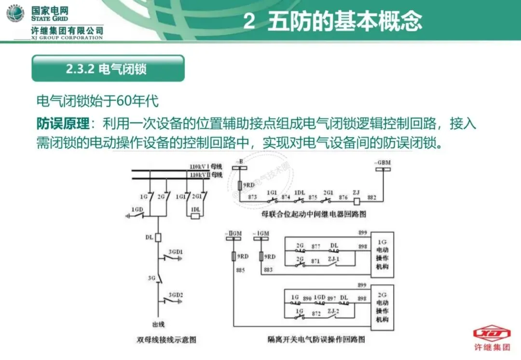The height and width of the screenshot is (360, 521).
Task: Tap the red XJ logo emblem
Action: pos(491,333)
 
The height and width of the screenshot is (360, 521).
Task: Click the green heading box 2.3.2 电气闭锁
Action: pos(108,69)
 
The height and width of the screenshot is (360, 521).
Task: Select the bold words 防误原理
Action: pos(63,124)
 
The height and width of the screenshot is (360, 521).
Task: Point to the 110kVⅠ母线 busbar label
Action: pos(206,166)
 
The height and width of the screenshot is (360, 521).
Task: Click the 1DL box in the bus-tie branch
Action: pos(195,216)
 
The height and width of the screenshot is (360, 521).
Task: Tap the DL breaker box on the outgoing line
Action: pos(157,237)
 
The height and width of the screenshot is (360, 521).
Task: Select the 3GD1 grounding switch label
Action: pos(176,252)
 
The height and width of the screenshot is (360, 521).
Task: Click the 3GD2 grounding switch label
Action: pos(176,294)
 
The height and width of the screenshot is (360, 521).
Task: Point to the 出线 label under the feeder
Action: pos(158,324)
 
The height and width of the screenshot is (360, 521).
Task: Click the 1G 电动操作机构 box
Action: pos(382,254)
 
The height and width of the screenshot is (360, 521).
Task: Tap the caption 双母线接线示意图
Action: pos(166,340)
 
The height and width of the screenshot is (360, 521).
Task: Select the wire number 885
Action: pos(241,270)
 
